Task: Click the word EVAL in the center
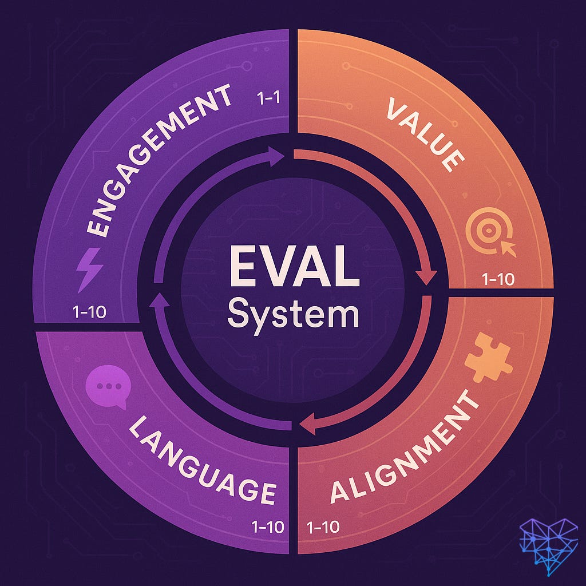click(x=293, y=269)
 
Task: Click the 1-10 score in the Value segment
click(x=498, y=279)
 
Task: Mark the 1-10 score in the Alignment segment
click(x=323, y=526)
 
